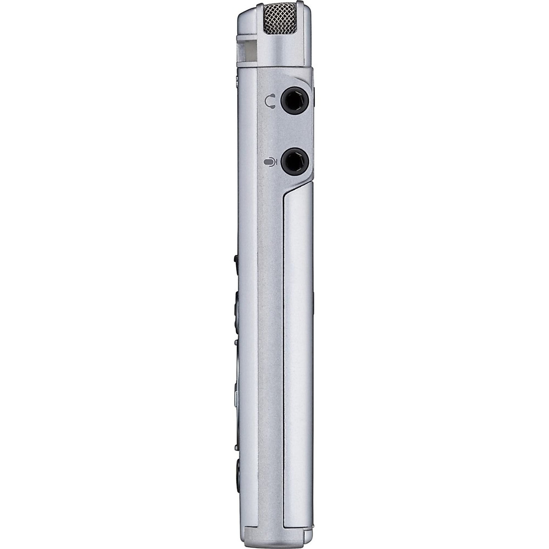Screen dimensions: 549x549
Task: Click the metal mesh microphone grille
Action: (280, 18)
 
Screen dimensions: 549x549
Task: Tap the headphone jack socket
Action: (293, 100)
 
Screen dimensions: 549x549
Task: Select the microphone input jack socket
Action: (293, 162)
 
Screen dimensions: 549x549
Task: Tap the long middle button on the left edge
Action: (237, 311)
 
